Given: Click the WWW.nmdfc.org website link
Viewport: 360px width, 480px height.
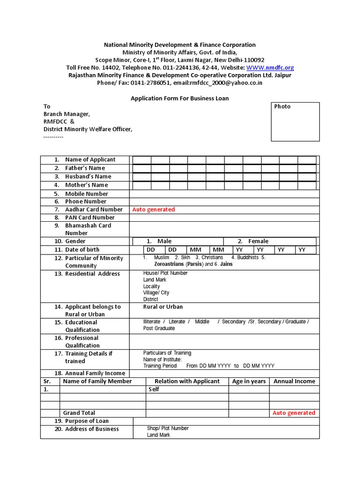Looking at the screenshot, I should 273,67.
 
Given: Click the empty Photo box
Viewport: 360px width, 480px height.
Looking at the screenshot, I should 295,122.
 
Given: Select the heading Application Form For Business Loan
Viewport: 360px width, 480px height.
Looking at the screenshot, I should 180,98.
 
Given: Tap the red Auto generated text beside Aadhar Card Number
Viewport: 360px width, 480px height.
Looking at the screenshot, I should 153,210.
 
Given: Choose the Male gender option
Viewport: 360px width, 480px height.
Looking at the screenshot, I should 165,241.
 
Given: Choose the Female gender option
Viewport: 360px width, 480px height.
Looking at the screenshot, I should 258,241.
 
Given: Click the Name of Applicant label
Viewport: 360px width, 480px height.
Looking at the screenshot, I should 90,159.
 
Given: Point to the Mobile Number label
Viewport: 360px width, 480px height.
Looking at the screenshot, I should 86,194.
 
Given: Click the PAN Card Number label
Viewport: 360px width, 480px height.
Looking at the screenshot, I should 90,217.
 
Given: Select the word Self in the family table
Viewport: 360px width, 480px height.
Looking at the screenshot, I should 154,389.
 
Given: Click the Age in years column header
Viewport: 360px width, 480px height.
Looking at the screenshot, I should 249,381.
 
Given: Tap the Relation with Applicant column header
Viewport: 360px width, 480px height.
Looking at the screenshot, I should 187,381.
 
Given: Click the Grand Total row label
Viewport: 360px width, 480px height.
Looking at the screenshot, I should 79,413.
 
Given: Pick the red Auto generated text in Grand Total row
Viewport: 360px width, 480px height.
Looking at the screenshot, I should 294,413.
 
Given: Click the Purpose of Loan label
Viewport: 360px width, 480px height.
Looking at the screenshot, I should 87,421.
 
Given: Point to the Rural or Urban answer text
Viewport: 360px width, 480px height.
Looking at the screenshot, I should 163,307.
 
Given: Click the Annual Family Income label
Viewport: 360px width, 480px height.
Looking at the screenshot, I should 95,373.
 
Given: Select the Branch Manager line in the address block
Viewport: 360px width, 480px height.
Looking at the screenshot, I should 67,114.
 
